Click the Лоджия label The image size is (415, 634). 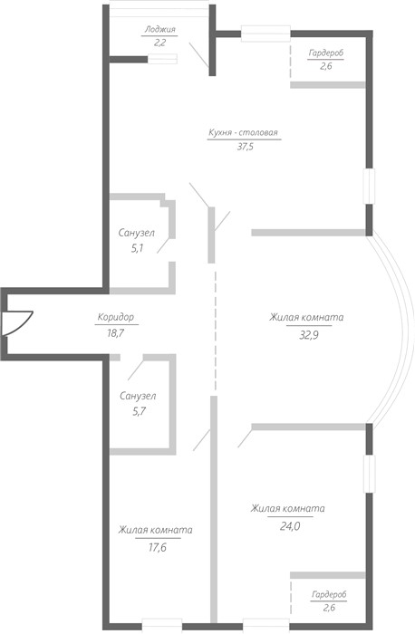[x=160, y=30]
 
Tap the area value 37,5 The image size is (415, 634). [x=246, y=147]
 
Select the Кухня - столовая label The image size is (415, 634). [x=243, y=132]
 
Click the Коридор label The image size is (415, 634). [x=116, y=317]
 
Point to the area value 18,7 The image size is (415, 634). [x=116, y=333]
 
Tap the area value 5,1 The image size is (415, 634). [x=137, y=248]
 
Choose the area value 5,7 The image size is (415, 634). [x=139, y=411]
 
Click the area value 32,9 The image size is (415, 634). [x=309, y=335]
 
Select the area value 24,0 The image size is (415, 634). [x=290, y=526]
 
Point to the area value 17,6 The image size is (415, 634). [x=158, y=548]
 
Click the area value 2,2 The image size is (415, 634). [x=159, y=43]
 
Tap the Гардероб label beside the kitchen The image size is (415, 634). [x=326, y=53]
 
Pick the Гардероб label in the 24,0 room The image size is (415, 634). [x=329, y=594]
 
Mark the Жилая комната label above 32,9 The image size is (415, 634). [x=306, y=317]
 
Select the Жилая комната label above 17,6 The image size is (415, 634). [x=155, y=530]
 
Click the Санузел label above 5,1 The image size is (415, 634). [x=136, y=233]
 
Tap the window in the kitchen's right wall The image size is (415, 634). [x=369, y=186]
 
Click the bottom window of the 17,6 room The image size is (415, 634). [x=162, y=624]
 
